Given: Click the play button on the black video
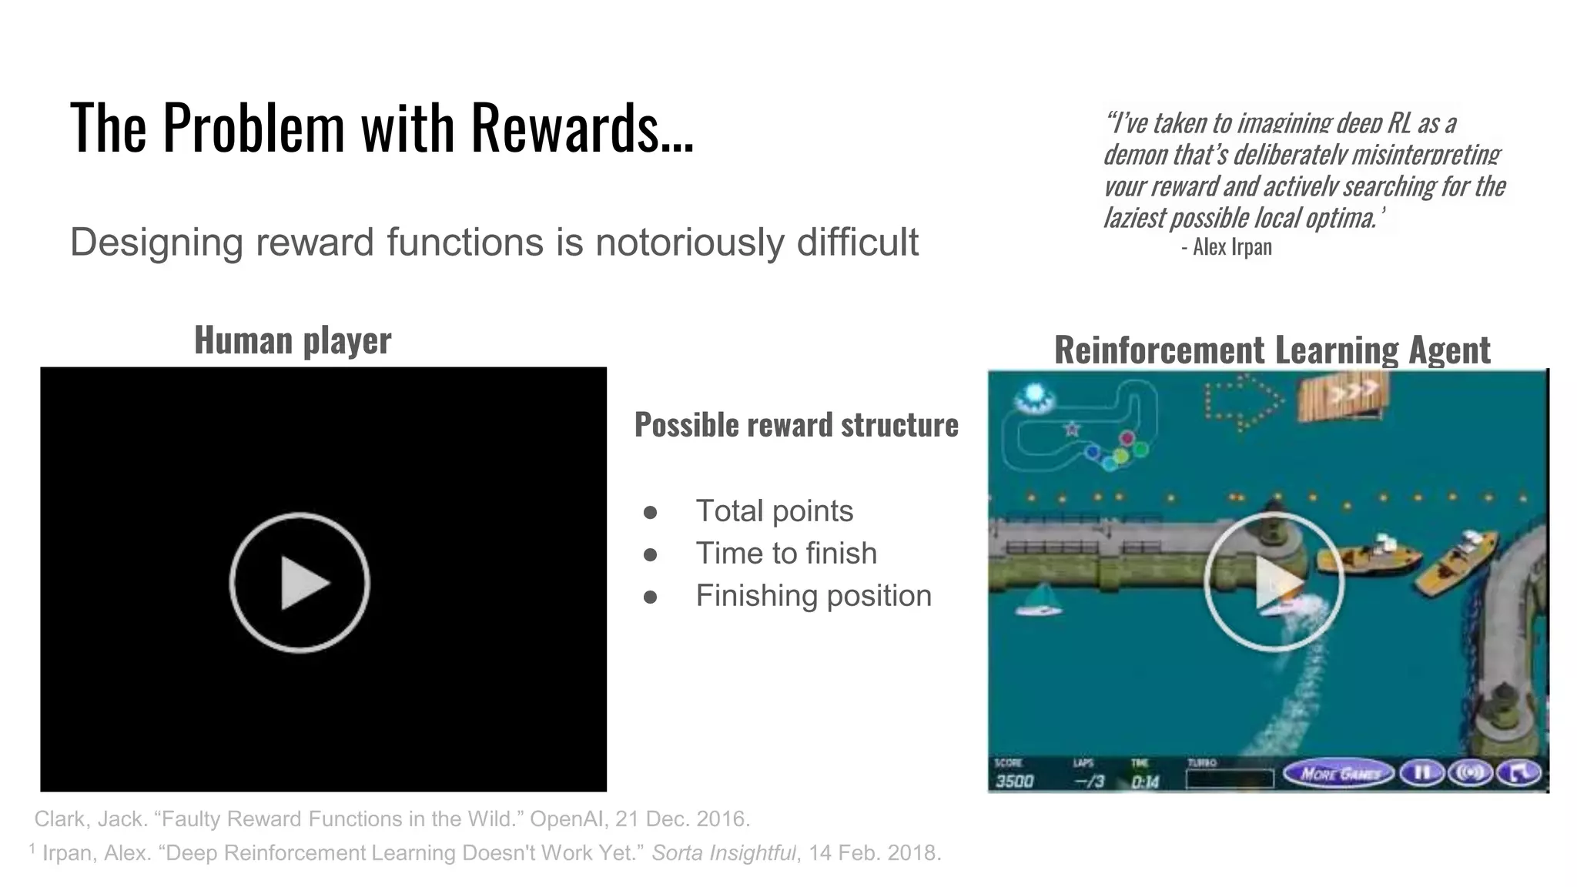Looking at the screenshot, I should (x=300, y=583).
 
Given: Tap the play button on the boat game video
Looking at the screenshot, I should (x=1274, y=582).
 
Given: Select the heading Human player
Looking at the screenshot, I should (x=293, y=340).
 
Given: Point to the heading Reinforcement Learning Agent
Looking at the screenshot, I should (x=1272, y=350).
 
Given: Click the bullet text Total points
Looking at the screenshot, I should (x=774, y=511).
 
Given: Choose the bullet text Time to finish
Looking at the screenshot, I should (x=786, y=554).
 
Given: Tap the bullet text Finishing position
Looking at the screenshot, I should (x=813, y=596).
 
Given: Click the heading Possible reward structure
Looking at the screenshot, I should (x=796, y=425).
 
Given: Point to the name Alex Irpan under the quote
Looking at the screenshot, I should (x=1232, y=247).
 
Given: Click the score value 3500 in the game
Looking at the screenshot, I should (x=1015, y=782).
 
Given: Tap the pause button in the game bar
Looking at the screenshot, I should (x=1421, y=773).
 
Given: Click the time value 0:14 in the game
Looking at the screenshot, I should (x=1145, y=782).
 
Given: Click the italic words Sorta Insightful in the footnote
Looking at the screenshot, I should (x=723, y=853).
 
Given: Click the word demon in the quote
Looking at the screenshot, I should (x=1137, y=155).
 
